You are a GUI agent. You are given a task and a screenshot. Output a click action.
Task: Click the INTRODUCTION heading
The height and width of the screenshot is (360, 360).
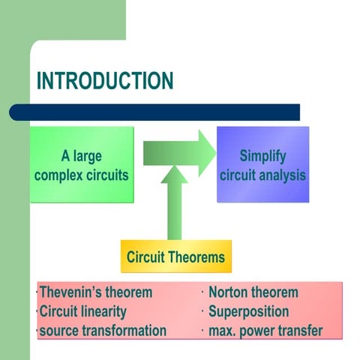tap(105, 81)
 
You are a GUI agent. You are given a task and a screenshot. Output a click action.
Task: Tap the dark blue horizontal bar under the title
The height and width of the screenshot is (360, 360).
tap(154, 112)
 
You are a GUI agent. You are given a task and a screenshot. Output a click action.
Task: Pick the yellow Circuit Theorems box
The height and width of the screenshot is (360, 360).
tap(175, 257)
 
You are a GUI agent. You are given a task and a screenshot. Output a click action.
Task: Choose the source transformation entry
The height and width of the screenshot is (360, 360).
tap(103, 330)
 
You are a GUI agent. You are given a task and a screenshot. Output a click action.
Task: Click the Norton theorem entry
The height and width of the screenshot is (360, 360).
tap(253, 292)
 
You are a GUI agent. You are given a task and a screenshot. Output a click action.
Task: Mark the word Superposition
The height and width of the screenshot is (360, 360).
tap(249, 311)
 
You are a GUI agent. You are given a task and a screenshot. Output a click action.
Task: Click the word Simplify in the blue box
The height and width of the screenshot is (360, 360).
tap(262, 157)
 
